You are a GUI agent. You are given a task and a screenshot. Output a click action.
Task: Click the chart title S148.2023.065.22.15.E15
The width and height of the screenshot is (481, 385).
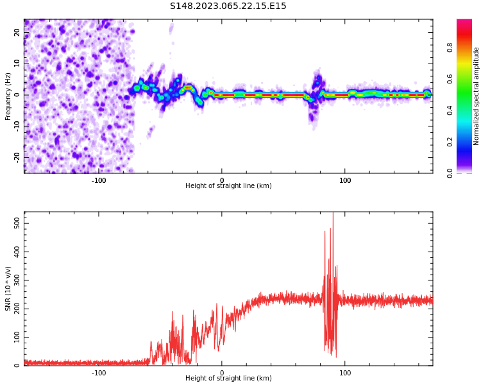pos(228,6)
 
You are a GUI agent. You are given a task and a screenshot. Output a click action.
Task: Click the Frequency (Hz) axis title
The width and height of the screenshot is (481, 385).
pos(8,96)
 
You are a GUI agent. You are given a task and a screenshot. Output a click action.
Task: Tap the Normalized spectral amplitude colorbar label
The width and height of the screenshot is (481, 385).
pos(477,96)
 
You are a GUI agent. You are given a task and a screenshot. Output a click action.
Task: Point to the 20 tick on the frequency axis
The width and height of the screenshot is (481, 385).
pos(17,32)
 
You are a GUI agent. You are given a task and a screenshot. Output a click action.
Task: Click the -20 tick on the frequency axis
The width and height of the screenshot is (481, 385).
pos(16,157)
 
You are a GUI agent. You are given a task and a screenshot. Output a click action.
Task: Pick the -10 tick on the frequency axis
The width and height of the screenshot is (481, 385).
pos(16,126)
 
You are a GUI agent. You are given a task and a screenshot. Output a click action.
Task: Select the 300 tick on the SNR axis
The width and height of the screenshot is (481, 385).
pos(14,280)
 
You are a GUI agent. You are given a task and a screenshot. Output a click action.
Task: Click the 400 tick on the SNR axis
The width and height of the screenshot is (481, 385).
pos(14,251)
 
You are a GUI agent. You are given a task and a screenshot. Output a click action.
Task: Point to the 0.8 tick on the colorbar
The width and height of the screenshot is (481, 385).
pos(450,47)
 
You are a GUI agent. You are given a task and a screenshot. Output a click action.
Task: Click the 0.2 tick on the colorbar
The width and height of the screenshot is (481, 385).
pos(450,141)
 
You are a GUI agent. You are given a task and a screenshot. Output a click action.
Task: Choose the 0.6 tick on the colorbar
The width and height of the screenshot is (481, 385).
pos(450,78)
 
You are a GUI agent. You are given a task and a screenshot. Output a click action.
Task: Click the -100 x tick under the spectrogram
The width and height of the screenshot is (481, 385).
pos(99,180)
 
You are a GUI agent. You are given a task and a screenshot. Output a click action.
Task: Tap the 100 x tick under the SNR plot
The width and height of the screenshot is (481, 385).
pos(345,373)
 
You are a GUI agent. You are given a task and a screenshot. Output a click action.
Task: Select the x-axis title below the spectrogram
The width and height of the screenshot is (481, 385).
pos(228,186)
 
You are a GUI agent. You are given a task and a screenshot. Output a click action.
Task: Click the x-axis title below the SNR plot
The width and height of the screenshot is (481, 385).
pos(228,379)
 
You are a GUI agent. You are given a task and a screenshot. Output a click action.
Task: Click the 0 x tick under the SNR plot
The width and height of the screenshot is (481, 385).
pos(222,373)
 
